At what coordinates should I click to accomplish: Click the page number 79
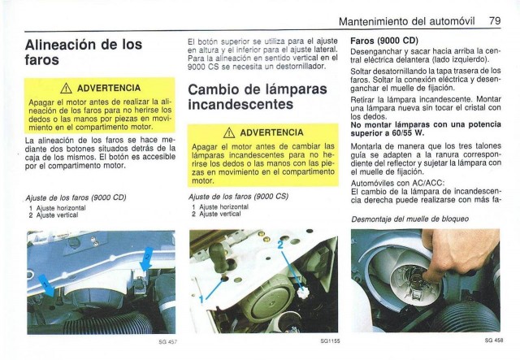pos(495,21)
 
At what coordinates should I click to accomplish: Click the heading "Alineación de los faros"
pos(84,52)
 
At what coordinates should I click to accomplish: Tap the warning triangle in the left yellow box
pos(66,89)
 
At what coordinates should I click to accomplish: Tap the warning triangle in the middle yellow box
pos(229,132)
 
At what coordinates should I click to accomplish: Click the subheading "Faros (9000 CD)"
pos(384,41)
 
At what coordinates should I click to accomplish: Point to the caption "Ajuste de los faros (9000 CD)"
pos(76,197)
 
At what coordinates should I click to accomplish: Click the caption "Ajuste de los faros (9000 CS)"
pos(238,197)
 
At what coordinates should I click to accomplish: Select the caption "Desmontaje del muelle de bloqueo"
pos(409,219)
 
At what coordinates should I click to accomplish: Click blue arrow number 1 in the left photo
pos(47,285)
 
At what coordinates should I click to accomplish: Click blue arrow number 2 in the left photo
pos(146,258)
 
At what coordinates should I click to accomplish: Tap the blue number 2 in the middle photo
pos(280,245)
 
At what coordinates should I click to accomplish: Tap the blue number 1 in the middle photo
pos(201,299)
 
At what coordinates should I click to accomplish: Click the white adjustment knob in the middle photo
pos(303,293)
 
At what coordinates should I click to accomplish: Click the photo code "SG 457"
pos(167,342)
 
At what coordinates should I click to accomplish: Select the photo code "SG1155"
pos(330,340)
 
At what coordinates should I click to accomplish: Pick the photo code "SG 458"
pos(494,340)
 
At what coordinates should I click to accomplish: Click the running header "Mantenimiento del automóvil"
pos(406,21)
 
